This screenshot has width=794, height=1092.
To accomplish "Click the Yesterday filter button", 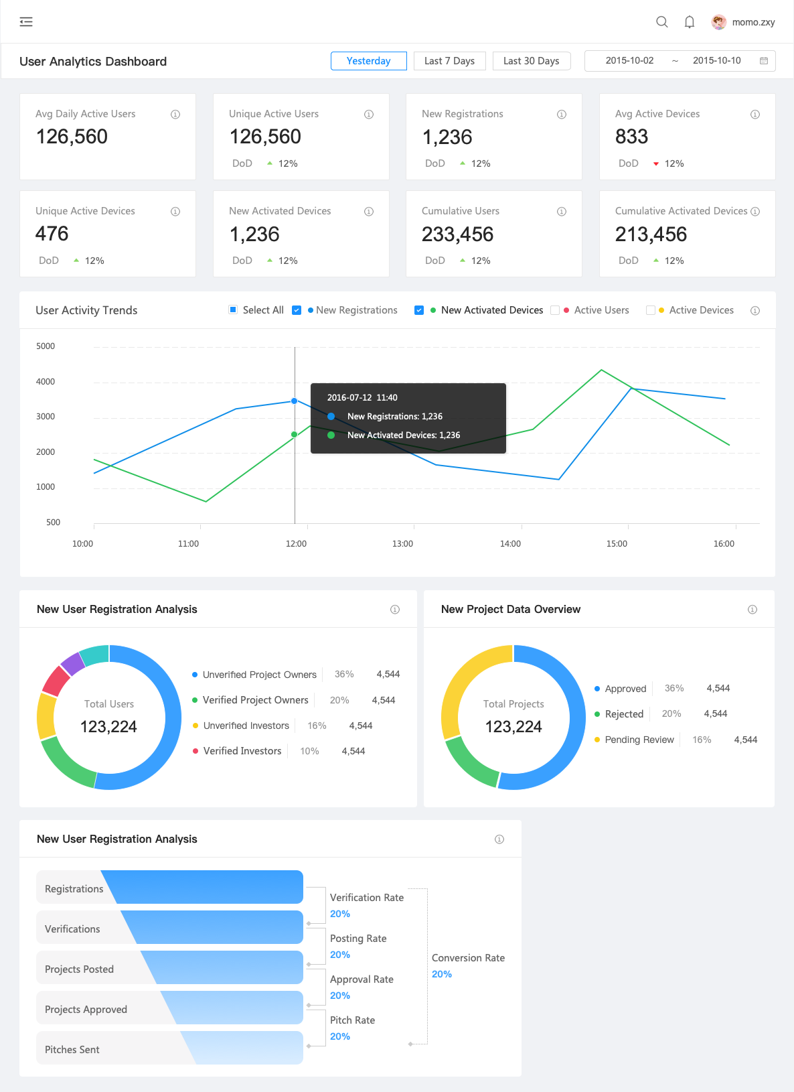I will (368, 61).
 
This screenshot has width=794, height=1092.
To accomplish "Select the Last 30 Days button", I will (531, 61).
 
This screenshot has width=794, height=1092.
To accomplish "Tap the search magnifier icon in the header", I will (661, 22).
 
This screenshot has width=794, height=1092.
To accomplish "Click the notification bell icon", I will (689, 22).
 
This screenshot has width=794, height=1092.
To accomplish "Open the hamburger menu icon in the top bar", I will (26, 22).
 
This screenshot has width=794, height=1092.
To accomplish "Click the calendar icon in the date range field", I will (763, 61).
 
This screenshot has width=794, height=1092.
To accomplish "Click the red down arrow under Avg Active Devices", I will (656, 163).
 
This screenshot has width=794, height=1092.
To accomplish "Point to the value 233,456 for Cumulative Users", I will (457, 234).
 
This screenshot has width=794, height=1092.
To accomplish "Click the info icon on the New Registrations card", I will (562, 115).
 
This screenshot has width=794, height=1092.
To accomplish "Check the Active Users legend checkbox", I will (555, 310).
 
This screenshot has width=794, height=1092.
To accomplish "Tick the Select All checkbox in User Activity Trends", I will (233, 310).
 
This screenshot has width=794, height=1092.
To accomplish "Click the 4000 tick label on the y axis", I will (46, 381).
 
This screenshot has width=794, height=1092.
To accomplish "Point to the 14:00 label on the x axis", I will (510, 543).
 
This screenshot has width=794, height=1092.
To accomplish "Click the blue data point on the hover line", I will (295, 401).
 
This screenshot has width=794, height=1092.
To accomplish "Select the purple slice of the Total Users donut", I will (72, 663).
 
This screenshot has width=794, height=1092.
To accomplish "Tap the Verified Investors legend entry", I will (242, 751).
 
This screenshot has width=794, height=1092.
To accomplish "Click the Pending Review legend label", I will (639, 740).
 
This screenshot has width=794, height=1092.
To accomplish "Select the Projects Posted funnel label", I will (79, 969).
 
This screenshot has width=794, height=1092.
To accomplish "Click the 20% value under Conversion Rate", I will (441, 974).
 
